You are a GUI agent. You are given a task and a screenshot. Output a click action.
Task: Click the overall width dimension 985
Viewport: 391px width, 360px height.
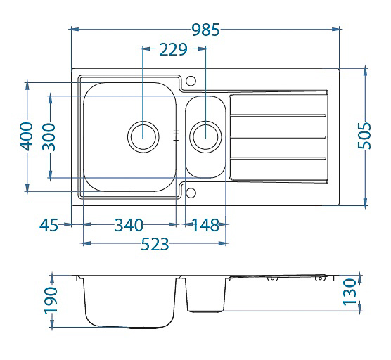tap(206, 30)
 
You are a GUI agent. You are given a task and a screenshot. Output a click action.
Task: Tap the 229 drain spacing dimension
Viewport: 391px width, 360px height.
tap(173, 50)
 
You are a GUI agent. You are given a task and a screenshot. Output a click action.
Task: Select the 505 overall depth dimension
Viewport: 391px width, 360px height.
tap(364, 136)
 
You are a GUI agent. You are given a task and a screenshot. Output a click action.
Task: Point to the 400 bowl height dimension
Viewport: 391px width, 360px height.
tap(26, 136)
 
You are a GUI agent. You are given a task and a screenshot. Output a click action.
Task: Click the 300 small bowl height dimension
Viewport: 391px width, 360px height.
tap(49, 137)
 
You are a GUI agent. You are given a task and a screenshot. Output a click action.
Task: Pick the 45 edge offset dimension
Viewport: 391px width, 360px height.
tap(49, 225)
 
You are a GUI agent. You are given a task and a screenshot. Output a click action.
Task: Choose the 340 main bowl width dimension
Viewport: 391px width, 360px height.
tap(129, 225)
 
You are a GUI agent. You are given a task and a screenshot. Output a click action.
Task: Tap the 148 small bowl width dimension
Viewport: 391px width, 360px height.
tap(205, 225)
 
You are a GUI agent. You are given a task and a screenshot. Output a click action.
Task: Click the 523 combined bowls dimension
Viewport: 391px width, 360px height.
tap(155, 244)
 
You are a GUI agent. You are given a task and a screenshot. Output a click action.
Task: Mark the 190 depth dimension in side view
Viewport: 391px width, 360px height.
tap(51, 300)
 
